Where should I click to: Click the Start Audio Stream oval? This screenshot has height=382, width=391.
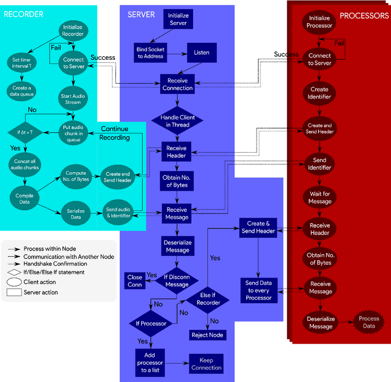pyautogui.click(x=73, y=99)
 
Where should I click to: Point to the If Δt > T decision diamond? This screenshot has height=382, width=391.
pyautogui.click(x=26, y=131)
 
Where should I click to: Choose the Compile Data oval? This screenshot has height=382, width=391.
pyautogui.click(x=26, y=199)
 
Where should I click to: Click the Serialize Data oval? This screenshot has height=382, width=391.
pyautogui.click(x=74, y=213)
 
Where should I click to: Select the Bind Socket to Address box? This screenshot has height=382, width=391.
pyautogui.click(x=150, y=52)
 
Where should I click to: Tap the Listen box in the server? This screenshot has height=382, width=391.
pyautogui.click(x=202, y=53)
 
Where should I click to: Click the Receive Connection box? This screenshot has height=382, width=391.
pyautogui.click(x=177, y=84)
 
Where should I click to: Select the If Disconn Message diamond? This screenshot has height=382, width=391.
pyautogui.click(x=177, y=281)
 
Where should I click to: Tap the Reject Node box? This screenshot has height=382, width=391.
pyautogui.click(x=207, y=335)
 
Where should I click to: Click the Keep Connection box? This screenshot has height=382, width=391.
pyautogui.click(x=206, y=364)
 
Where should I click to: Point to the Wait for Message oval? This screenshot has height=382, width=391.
pyautogui.click(x=320, y=197)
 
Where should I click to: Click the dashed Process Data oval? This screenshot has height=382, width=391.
pyautogui.click(x=368, y=323)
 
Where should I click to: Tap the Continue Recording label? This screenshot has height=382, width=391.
pyautogui.click(x=115, y=133)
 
